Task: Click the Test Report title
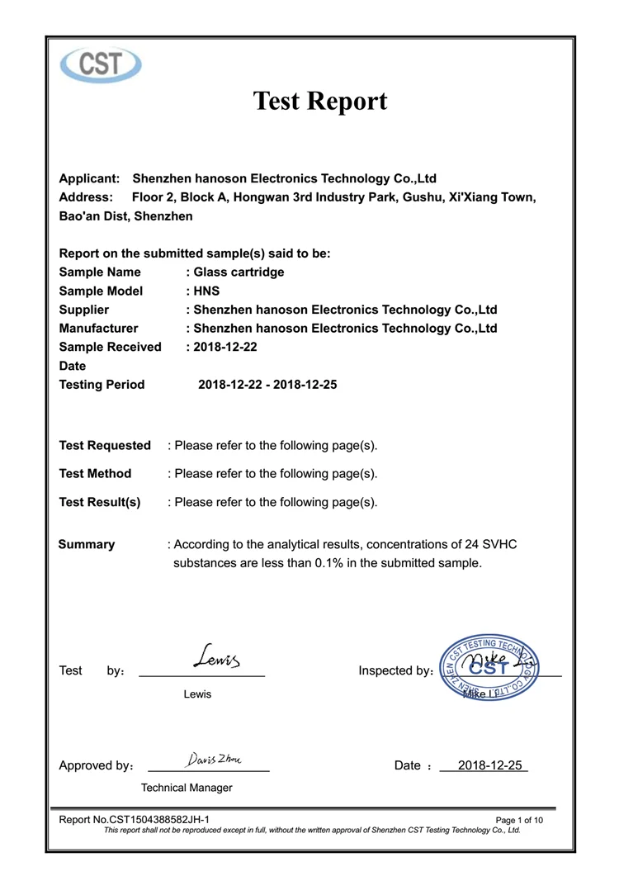tap(319, 102)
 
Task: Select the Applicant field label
tap(90, 178)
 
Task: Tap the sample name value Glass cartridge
tap(239, 272)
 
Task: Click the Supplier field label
tap(84, 310)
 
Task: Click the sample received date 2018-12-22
tap(225, 347)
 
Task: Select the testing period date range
tap(267, 385)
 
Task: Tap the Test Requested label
tap(105, 446)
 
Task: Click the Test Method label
tap(95, 474)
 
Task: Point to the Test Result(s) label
tap(100, 502)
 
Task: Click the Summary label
tap(87, 545)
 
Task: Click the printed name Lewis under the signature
tap(197, 694)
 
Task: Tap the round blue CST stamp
tap(489, 670)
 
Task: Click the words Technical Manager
tap(187, 788)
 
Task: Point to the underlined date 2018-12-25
tap(490, 765)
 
